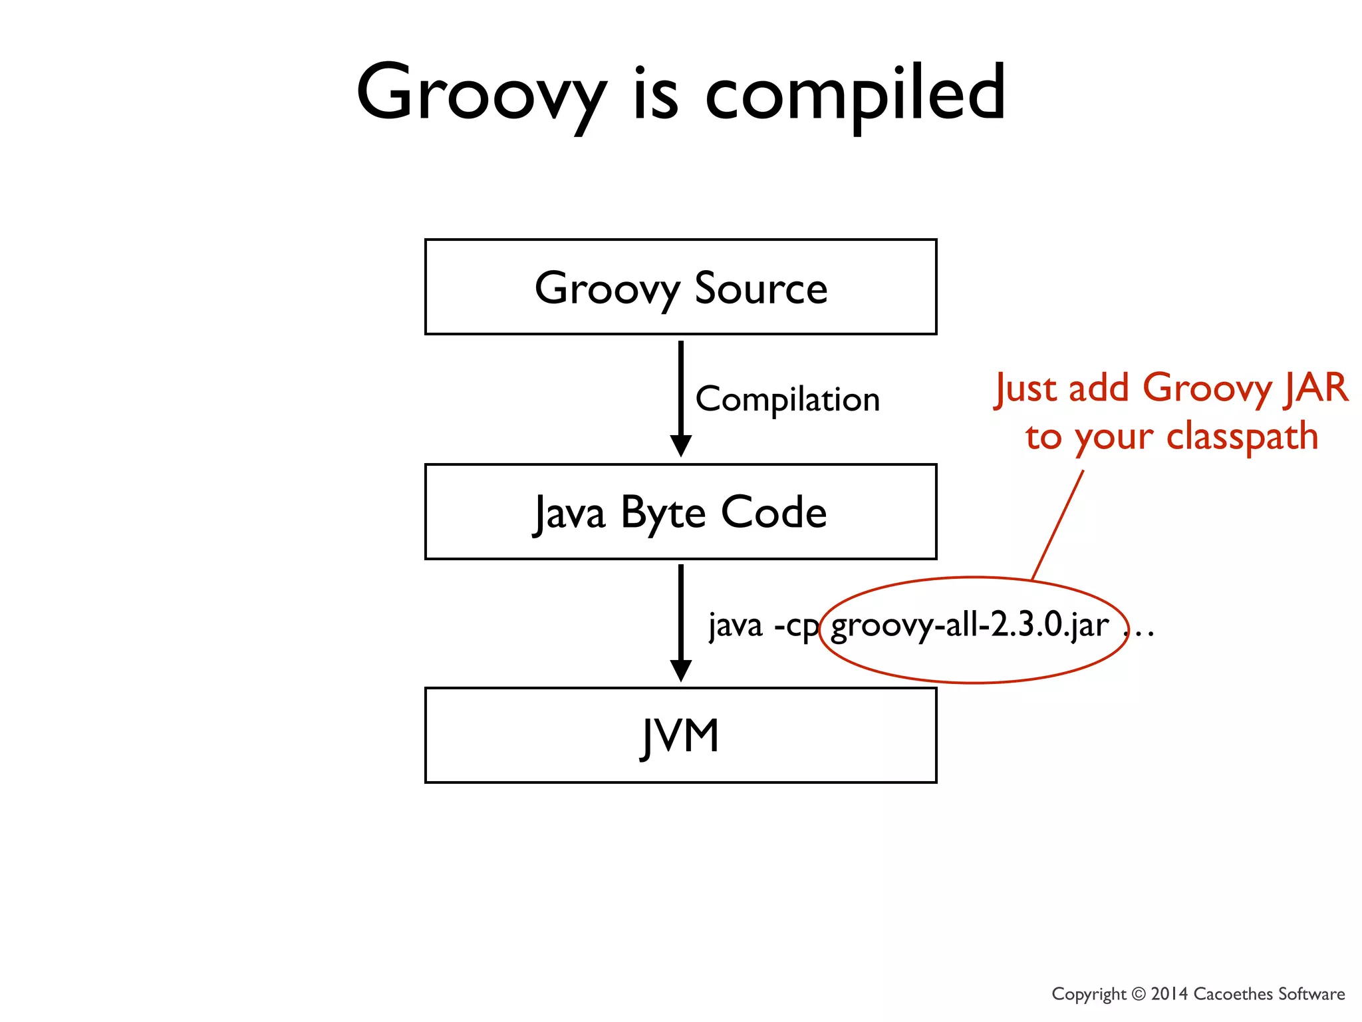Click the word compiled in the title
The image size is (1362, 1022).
pos(855,93)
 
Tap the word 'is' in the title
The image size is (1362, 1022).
pos(655,93)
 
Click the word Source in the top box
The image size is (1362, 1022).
pos(761,289)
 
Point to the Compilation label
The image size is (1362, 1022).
pos(787,399)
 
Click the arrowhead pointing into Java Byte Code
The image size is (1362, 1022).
pos(680,446)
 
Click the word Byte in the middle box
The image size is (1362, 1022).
pos(662,514)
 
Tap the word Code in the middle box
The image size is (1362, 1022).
pos(773,512)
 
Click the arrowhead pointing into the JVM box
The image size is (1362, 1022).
pos(680,670)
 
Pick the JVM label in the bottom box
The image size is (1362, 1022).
pos(680,736)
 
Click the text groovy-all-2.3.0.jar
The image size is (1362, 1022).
pos(970,625)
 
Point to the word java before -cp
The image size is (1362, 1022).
pos(735,625)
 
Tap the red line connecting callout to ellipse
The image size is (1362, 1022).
pos(1057,526)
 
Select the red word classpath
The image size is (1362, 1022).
pos(1242,437)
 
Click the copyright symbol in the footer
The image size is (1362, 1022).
pos(1139,994)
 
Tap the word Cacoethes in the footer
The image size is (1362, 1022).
pos(1233,994)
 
